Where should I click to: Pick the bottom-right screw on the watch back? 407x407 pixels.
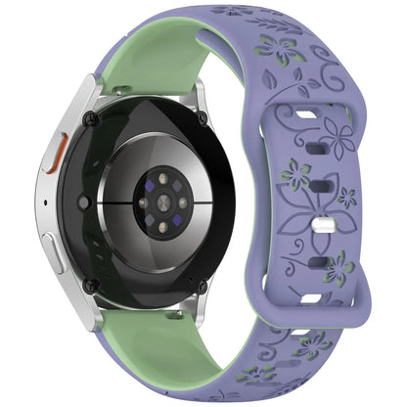tap(203, 287)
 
